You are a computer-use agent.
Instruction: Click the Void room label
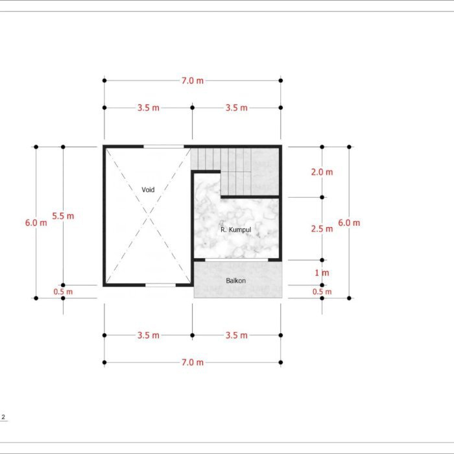click(148, 189)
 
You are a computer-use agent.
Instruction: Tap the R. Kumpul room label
click(235, 230)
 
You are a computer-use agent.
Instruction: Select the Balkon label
click(235, 281)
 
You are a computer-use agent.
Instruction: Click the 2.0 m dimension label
click(322, 172)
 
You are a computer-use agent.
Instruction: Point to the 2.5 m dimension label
click(322, 229)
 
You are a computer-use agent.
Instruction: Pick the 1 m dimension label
click(322, 272)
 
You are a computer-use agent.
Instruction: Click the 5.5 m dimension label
click(63, 216)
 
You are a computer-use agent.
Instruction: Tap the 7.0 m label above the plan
click(193, 80)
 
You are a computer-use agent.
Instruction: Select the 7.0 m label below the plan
click(193, 362)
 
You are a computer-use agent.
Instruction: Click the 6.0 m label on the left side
click(36, 222)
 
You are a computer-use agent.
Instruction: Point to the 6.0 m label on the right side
click(349, 222)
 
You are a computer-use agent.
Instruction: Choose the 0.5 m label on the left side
click(63, 292)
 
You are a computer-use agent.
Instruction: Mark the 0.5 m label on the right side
click(322, 292)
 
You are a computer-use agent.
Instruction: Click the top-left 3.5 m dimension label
click(149, 108)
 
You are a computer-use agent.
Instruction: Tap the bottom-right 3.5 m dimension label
click(237, 335)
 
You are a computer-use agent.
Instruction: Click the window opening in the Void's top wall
click(164, 147)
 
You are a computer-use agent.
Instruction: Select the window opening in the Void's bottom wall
click(160, 285)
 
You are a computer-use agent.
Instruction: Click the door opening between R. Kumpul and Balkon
click(237, 259)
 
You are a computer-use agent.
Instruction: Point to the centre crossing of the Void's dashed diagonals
click(149, 216)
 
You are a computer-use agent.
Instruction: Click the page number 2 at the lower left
click(3, 417)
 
